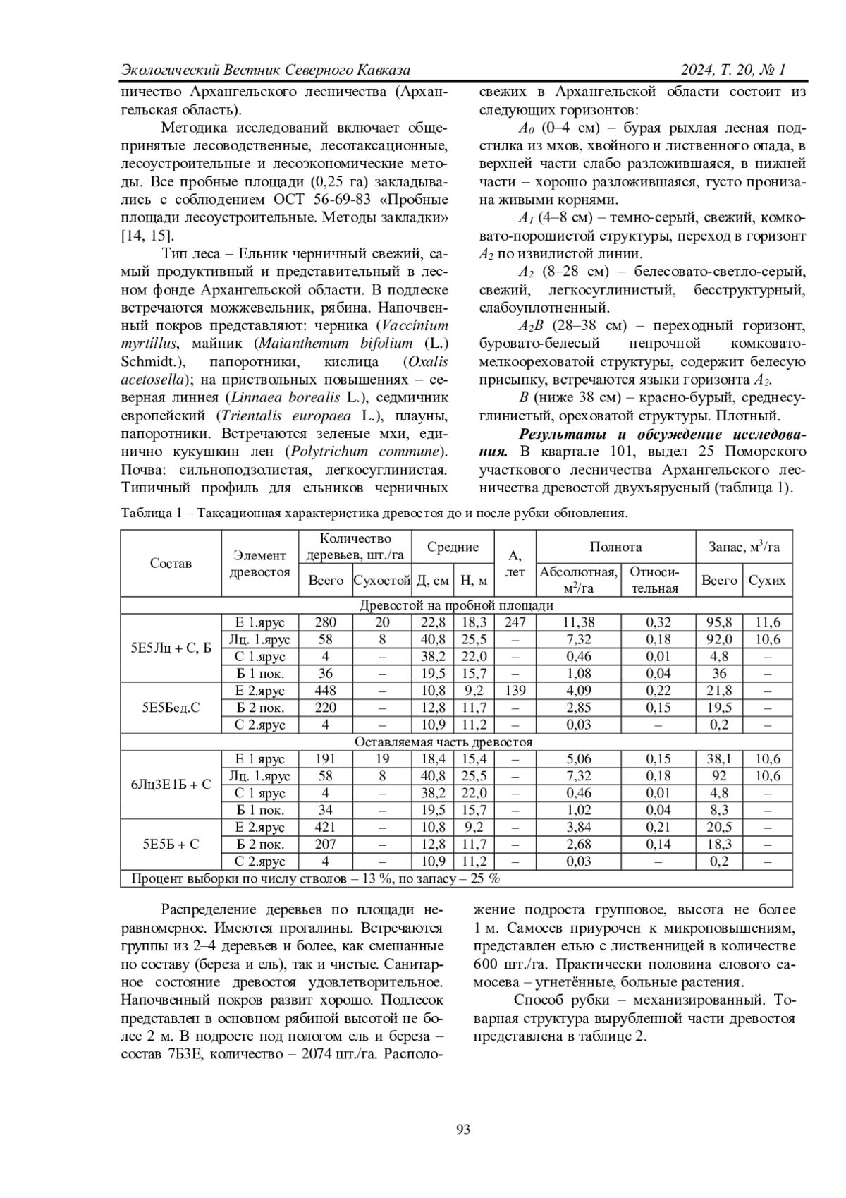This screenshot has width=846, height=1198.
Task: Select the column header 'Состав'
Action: pyautogui.click(x=171, y=563)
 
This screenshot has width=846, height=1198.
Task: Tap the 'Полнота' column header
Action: pyautogui.click(x=615, y=547)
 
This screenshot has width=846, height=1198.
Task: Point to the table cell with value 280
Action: pyautogui.click(x=326, y=622)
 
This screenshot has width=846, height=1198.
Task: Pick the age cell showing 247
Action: pyautogui.click(x=515, y=622)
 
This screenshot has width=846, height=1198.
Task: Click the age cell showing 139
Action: pyautogui.click(x=515, y=691)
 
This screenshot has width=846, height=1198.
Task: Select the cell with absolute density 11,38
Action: pyautogui.click(x=579, y=622)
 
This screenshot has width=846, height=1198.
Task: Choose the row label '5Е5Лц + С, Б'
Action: pyautogui.click(x=171, y=648)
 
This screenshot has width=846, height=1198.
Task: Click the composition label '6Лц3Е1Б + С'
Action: pyautogui.click(x=171, y=785)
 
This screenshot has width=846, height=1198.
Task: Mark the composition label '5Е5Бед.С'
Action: pyautogui.click(x=171, y=708)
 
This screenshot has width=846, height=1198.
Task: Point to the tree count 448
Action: pyautogui.click(x=326, y=691)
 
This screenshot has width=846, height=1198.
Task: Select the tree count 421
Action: pyautogui.click(x=326, y=828)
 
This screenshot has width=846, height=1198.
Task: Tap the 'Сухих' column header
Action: pyautogui.click(x=767, y=581)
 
